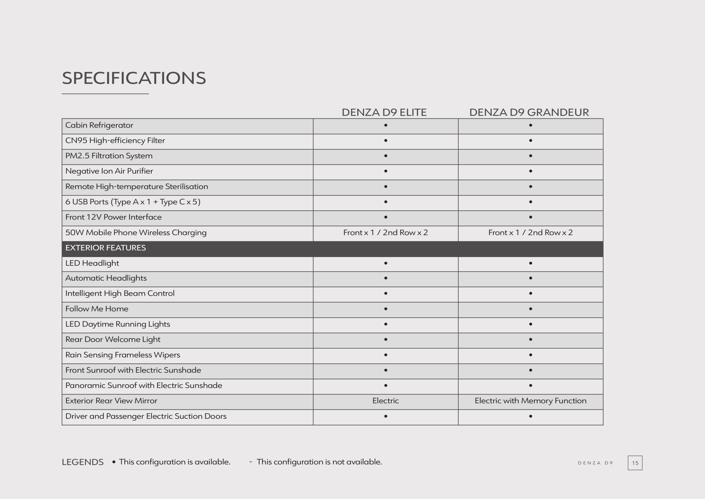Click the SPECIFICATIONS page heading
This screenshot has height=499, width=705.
click(x=134, y=78)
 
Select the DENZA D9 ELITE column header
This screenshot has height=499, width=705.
click(x=384, y=112)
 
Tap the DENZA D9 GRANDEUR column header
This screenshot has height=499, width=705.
click(x=529, y=112)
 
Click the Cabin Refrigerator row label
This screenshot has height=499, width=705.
click(x=99, y=125)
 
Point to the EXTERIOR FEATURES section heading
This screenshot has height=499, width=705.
click(x=106, y=248)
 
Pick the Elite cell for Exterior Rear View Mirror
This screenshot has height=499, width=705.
click(x=385, y=401)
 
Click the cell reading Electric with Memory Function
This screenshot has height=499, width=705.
click(x=530, y=401)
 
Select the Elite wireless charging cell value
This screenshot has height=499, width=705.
click(x=385, y=233)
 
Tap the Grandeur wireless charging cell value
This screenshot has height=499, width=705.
click(x=530, y=233)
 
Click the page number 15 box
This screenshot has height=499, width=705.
click(x=635, y=463)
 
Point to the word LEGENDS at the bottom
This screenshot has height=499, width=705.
click(x=83, y=462)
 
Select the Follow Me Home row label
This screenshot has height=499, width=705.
click(x=97, y=309)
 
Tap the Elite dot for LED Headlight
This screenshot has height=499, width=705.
click(x=386, y=263)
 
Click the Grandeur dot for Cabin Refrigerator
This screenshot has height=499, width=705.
click(x=530, y=125)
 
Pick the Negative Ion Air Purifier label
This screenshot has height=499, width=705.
click(x=109, y=171)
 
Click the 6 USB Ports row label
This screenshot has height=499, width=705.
click(x=133, y=202)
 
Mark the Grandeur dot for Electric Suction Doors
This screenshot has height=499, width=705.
click(x=530, y=416)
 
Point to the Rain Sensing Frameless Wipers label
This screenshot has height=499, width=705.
click(x=123, y=355)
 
